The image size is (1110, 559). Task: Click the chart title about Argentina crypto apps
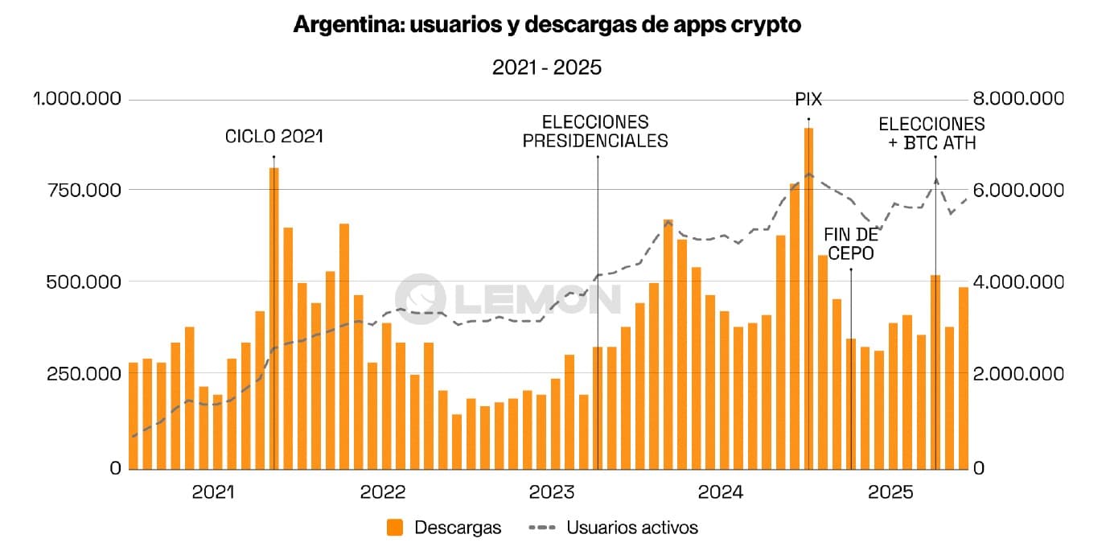(x=547, y=25)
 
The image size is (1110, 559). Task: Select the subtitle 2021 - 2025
(x=547, y=67)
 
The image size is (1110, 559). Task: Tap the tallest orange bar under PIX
(x=808, y=298)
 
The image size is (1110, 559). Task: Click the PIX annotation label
(x=808, y=100)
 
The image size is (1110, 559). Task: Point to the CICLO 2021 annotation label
(x=273, y=137)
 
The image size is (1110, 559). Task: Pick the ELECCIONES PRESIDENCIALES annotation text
(x=595, y=131)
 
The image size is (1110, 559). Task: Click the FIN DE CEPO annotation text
(x=849, y=244)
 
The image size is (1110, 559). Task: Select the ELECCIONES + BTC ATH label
(x=932, y=134)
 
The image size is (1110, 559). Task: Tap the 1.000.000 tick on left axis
(x=76, y=99)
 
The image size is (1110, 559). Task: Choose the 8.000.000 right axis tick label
(x=1017, y=99)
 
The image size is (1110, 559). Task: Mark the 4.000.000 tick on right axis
(x=1017, y=282)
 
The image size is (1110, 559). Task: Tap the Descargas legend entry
(x=444, y=528)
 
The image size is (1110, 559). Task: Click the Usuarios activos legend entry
(x=614, y=528)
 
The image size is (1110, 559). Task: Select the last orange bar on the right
(x=964, y=378)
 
